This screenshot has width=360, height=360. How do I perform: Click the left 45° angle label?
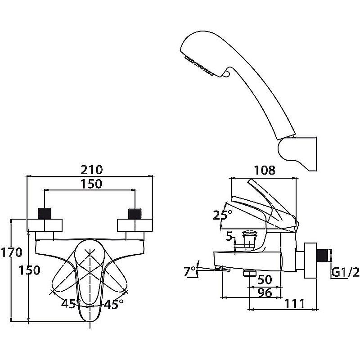click(x=71, y=304)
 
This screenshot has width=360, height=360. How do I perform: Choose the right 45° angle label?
click(x=113, y=304)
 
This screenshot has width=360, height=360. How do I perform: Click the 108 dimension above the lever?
click(x=265, y=170)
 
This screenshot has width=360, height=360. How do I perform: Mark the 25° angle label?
click(x=223, y=215)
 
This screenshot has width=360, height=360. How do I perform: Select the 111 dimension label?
click(x=295, y=304)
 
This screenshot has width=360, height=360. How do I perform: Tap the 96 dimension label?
click(x=265, y=292)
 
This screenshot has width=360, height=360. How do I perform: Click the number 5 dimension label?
click(x=229, y=236)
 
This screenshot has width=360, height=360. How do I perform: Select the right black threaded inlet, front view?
click(x=135, y=213)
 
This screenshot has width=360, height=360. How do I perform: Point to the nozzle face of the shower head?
click(x=198, y=63)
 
